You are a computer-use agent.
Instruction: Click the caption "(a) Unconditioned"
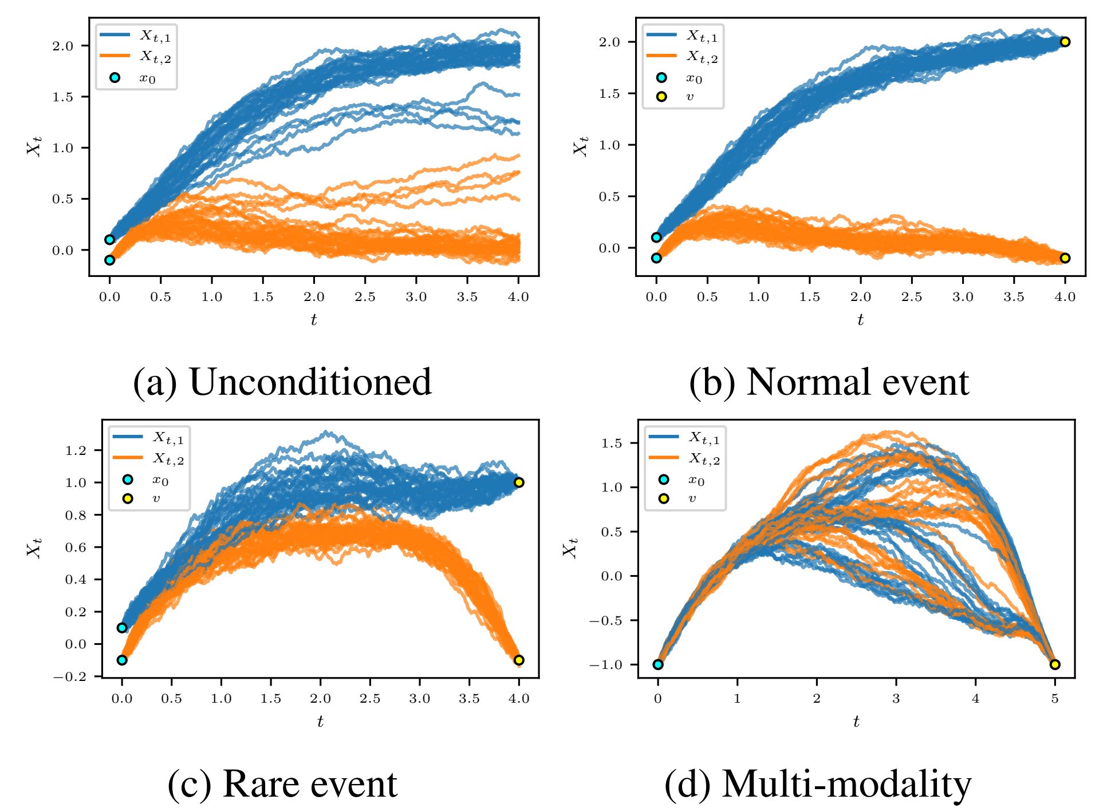coord(282,382)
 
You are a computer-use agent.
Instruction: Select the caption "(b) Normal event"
coord(829,382)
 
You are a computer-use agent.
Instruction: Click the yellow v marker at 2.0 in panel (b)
coord(1065,42)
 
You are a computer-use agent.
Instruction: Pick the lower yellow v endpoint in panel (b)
coord(1065,258)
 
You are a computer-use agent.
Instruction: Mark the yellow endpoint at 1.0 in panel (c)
coord(519,482)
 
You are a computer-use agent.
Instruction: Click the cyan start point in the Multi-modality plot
coord(658,664)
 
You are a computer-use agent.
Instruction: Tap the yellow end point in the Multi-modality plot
coord(1055,664)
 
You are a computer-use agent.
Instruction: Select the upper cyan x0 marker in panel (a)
coord(109,240)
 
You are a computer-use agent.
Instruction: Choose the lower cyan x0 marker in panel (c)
coord(122,660)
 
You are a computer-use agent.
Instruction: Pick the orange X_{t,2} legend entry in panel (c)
coord(128,458)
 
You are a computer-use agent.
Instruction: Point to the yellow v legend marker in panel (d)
coord(663,498)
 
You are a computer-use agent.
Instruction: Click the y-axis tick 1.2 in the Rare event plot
coord(76,450)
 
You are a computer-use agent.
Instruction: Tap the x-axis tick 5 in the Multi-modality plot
coord(1055,698)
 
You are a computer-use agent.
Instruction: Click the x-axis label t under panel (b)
coord(860,320)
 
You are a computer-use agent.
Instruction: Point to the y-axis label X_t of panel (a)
coord(34,146)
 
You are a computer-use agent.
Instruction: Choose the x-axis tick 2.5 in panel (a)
coord(365,296)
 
